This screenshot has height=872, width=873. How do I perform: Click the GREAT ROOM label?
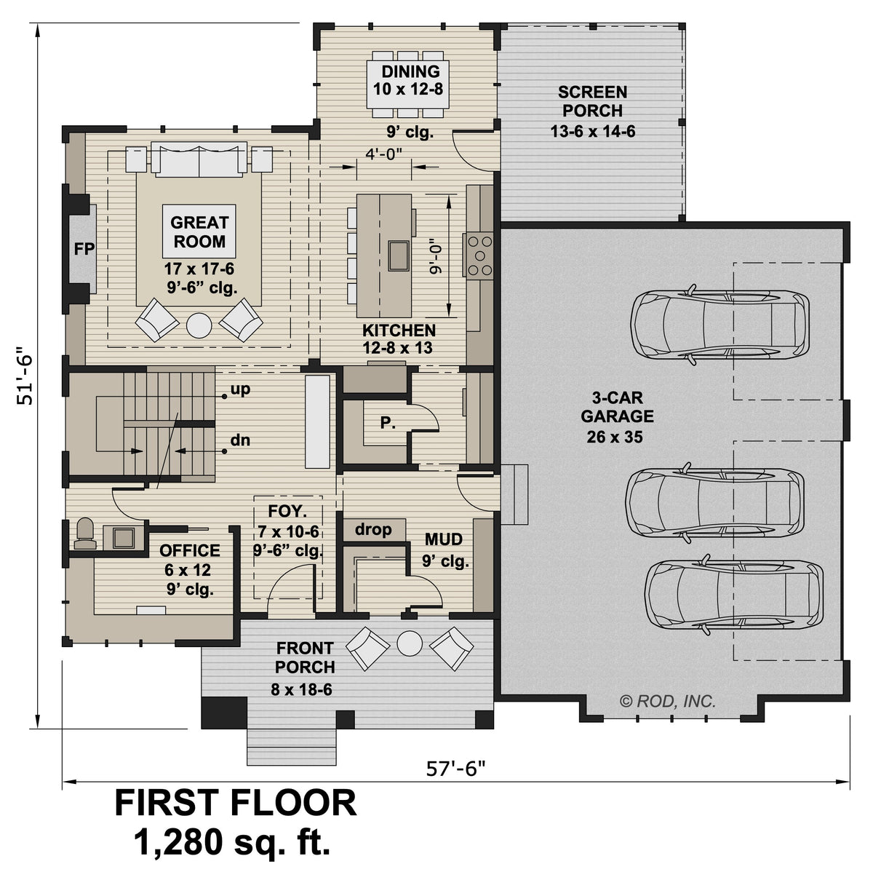[199, 231]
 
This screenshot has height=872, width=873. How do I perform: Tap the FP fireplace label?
[84, 249]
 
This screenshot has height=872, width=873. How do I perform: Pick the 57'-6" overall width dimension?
[455, 769]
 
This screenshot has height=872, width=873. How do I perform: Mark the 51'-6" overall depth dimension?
[28, 374]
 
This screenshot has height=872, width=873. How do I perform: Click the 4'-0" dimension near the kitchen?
[384, 153]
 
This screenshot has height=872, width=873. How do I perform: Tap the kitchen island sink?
[399, 254]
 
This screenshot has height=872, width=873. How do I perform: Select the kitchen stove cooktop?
[479, 255]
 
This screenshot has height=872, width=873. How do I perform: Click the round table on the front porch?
[410, 643]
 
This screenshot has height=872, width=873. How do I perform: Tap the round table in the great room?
[199, 325]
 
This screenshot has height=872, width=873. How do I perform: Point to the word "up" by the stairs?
[240, 389]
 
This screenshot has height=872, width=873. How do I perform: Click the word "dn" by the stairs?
[240, 440]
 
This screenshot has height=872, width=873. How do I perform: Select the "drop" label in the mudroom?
[373, 530]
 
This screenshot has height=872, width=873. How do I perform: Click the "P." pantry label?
[388, 421]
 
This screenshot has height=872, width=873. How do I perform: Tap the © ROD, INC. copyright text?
[668, 702]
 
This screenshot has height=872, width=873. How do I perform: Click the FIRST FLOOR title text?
[236, 803]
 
